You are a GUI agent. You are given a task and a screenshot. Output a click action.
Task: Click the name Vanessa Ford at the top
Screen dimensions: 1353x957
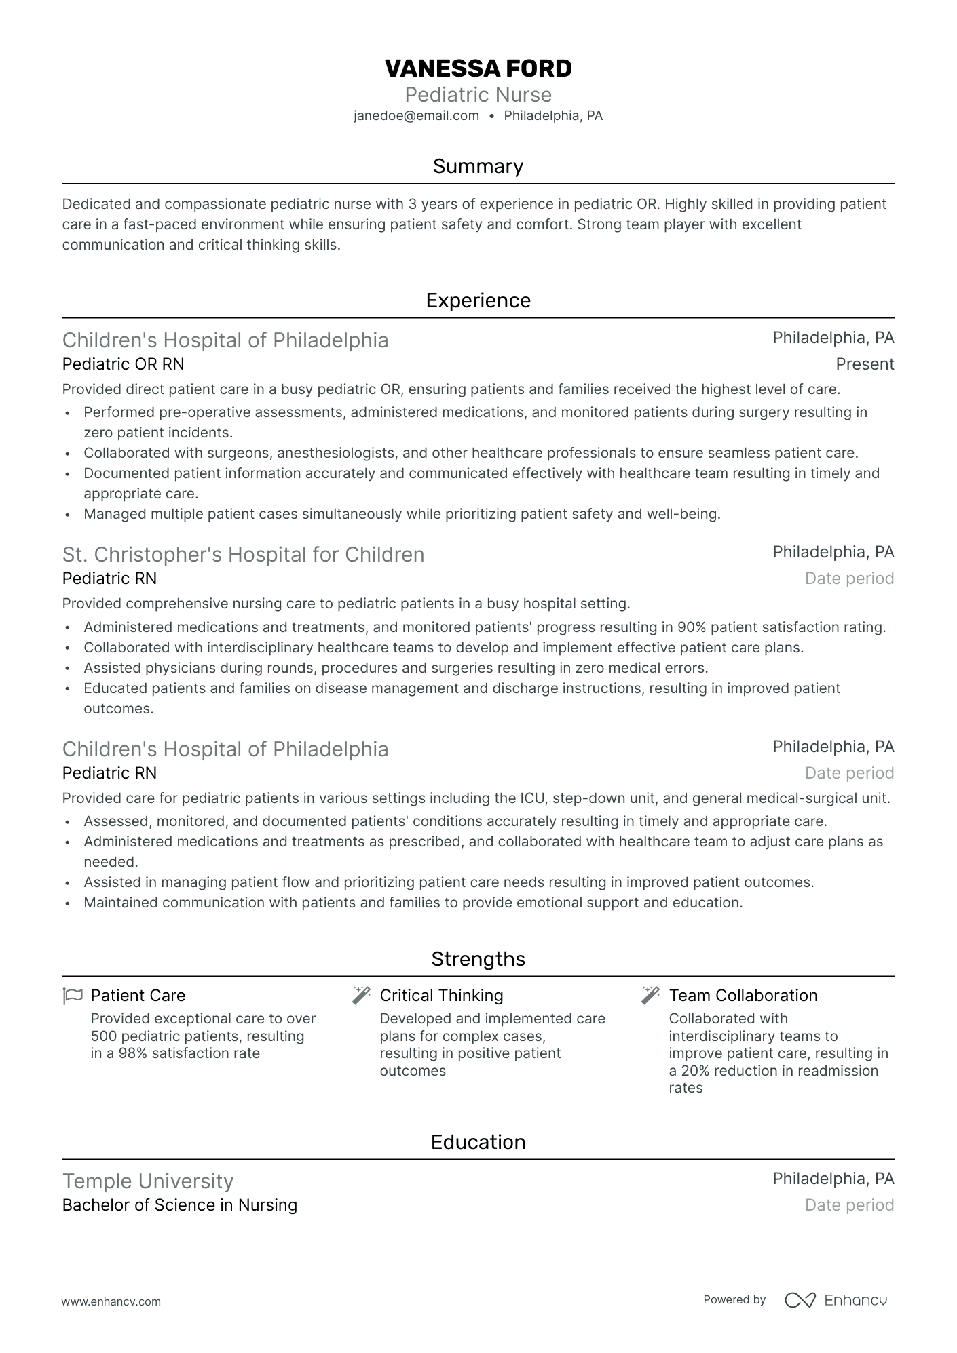pos(478,68)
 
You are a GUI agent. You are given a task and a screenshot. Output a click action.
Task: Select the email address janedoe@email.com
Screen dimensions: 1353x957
pos(416,116)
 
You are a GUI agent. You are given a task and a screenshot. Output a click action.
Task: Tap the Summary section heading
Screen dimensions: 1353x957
pos(478,166)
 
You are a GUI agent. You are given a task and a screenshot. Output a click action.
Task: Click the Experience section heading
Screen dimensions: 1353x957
pos(478,300)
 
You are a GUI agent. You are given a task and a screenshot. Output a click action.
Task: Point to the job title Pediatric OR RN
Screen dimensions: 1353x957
pos(123,364)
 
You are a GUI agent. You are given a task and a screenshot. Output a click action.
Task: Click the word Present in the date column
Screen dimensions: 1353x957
pos(865,364)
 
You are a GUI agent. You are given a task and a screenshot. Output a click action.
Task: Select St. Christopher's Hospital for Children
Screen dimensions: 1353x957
pos(243,555)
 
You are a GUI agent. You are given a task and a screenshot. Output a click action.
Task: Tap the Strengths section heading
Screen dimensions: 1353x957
pos(478,959)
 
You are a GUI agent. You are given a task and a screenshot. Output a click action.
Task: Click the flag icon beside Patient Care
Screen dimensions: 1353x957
pos(73,996)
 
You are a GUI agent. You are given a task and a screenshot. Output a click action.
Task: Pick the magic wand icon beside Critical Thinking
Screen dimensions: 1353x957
pos(361,996)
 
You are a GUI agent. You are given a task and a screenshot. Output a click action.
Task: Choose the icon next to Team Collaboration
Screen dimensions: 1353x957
pos(650,996)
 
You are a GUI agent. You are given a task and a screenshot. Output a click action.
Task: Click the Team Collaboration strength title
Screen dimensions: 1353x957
pos(743,996)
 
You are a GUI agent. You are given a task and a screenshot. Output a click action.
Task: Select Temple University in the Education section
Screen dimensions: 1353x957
pos(148,1181)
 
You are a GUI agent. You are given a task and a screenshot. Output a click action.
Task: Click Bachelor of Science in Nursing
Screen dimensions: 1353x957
pos(180,1205)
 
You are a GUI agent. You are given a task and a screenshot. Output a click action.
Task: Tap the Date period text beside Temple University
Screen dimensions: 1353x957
pos(849,1205)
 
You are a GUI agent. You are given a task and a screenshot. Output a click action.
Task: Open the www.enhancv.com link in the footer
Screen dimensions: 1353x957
pos(111,1301)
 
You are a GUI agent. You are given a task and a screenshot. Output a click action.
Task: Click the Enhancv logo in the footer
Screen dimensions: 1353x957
pos(836,1300)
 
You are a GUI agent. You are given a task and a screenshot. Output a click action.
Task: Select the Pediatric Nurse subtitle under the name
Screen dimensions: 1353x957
pos(478,94)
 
